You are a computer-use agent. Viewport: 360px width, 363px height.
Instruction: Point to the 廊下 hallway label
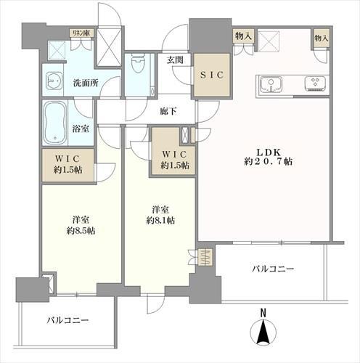click(168, 113)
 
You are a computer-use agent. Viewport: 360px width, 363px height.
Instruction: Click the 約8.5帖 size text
click(81, 230)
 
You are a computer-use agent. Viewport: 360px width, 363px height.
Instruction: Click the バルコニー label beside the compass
click(273, 269)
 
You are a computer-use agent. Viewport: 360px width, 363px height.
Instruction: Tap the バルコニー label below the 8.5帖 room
click(67, 319)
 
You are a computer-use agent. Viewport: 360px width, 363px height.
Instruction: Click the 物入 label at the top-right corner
click(321, 36)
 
